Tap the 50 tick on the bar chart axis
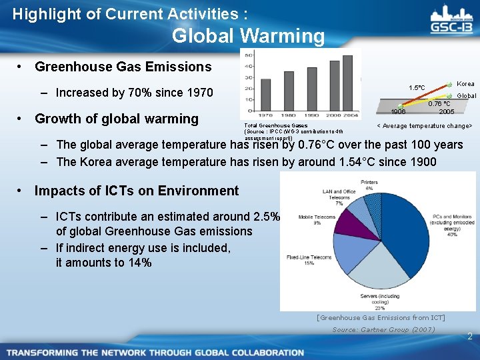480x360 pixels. coord(248,55)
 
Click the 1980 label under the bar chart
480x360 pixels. coord(288,115)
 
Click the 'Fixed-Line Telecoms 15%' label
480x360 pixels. coord(300,259)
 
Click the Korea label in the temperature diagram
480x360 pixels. coord(465,84)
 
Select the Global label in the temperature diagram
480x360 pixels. coord(465,96)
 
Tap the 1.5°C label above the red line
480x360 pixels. coord(417,87)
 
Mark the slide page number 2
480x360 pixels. coord(469,337)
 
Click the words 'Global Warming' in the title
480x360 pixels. coord(248,35)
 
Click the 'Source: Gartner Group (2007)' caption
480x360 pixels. coord(383,329)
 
